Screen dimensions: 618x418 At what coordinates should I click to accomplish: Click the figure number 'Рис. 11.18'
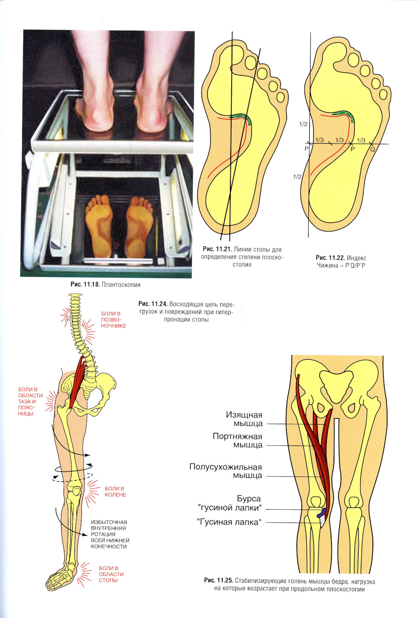85,284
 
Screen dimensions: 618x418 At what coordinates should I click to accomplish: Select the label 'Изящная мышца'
244,419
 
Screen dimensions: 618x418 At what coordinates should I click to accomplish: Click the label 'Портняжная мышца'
237,440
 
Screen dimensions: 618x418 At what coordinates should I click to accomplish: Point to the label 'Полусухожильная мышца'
226,471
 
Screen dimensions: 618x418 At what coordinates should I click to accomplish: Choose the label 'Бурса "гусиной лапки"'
230,503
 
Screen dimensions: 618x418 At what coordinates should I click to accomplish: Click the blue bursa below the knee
322,513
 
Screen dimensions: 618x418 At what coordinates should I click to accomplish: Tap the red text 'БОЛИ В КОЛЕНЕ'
115,492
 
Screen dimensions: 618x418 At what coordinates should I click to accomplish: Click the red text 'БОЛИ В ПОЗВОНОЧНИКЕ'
113,319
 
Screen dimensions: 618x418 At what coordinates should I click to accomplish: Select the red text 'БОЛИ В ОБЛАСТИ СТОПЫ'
111,574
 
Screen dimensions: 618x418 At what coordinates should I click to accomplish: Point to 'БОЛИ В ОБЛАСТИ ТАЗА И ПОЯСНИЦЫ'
30,401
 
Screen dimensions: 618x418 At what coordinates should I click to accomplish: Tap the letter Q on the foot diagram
372,149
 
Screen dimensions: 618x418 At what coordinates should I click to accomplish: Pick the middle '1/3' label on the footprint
339,140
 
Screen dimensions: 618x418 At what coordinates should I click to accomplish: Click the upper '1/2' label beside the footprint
303,124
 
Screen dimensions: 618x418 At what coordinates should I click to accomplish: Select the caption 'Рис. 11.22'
330,258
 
